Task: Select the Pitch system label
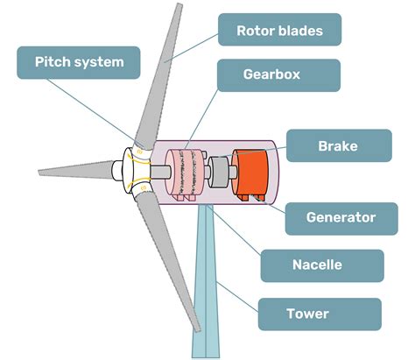[x=79, y=62]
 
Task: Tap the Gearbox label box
[x=271, y=75]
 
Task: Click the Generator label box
[x=341, y=217]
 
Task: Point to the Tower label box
[x=320, y=314]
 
